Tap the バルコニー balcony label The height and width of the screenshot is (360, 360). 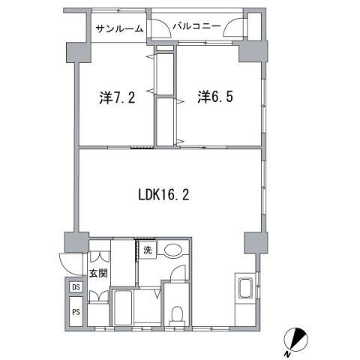coord(196,27)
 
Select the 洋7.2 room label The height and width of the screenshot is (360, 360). coord(116,97)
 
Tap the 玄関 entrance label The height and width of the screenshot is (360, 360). coord(97,274)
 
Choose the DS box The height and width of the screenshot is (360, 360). coord(76,287)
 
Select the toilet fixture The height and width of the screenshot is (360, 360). coord(177,315)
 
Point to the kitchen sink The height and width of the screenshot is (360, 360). coord(245,289)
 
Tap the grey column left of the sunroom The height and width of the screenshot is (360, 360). coord(76,52)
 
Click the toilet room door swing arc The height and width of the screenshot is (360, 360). coord(175,275)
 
